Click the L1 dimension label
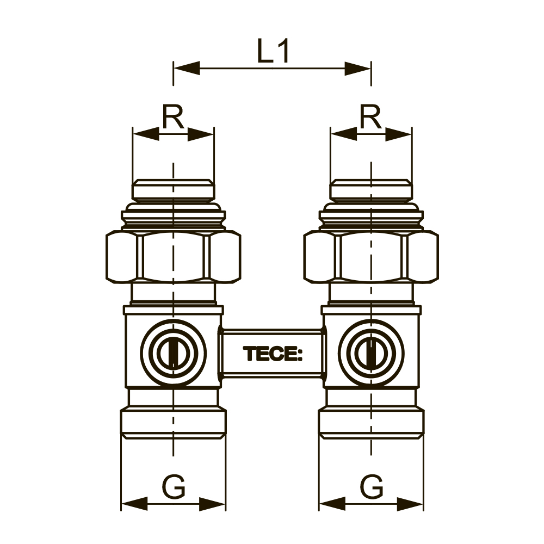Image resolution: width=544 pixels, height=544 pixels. coord(273,51)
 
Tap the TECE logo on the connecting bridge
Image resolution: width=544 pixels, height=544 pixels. coord(273,354)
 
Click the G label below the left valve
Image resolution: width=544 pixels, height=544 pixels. coord(174,487)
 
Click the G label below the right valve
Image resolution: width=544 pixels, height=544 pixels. coord(372,487)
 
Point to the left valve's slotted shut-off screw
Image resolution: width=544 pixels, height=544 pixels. coord(174,354)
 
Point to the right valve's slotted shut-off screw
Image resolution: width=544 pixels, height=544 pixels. coord(371,354)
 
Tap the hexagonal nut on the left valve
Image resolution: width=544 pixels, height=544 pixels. coord(174,256)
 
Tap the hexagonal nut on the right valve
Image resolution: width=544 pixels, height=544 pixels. coord(371,256)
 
